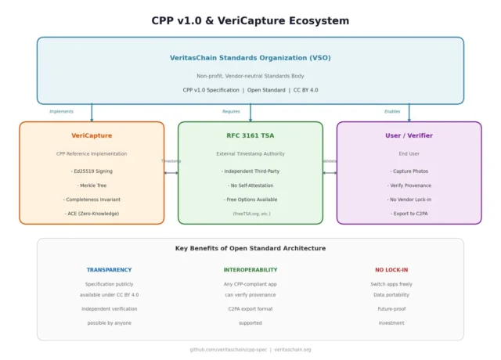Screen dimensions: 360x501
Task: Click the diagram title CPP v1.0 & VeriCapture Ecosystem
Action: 250,20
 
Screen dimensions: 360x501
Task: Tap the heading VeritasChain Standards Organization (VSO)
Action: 250,57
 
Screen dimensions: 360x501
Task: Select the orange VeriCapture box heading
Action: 92,135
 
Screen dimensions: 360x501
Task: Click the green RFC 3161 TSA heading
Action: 250,135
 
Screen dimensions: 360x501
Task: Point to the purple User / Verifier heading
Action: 409,135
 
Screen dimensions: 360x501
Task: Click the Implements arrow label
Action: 61,111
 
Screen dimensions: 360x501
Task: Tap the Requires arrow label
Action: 231,111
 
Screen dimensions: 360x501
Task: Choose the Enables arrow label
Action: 392,111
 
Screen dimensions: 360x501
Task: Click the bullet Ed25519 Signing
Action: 92,171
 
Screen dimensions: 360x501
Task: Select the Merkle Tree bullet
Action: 92,185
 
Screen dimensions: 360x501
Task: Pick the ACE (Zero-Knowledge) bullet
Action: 92,213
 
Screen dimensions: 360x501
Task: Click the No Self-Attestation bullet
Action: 250,185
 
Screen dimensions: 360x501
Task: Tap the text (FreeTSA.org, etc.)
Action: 250,213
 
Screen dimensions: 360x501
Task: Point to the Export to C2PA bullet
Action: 409,213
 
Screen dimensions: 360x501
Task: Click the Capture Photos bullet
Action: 409,171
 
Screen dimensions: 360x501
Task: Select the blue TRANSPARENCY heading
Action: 109,270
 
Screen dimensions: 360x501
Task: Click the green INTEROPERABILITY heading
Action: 250,270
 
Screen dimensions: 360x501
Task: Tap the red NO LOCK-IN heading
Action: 391,270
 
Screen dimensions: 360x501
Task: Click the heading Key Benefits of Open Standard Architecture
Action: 250,248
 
